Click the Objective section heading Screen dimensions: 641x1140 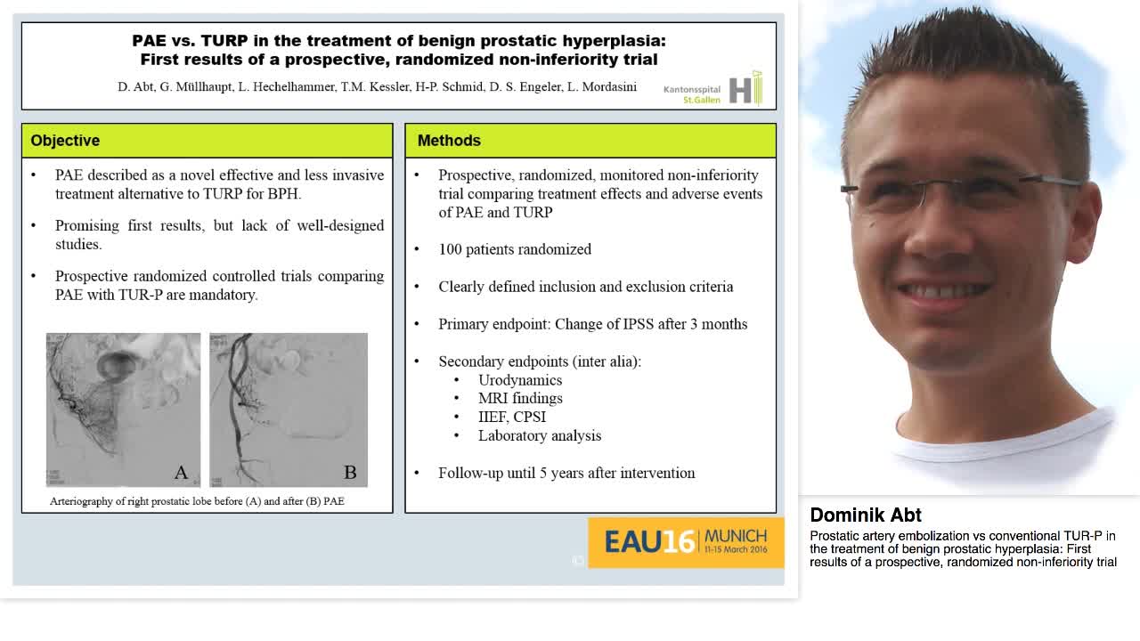(x=65, y=141)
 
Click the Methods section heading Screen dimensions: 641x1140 (x=449, y=141)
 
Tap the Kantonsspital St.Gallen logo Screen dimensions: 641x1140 (x=712, y=90)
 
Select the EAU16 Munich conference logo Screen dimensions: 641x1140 (x=685, y=541)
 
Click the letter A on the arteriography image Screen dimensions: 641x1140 (x=181, y=473)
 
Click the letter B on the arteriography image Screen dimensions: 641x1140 (x=350, y=473)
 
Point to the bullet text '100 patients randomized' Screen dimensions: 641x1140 (x=515, y=249)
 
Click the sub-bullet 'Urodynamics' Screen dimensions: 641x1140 (x=520, y=380)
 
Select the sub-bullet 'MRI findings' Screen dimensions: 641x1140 (x=520, y=398)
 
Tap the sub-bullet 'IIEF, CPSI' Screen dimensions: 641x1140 (x=512, y=417)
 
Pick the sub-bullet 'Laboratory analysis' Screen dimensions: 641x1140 (x=540, y=435)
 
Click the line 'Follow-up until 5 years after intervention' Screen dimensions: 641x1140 (x=566, y=473)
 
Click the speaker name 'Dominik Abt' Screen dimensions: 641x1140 (x=866, y=515)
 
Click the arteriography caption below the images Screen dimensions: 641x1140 (x=197, y=501)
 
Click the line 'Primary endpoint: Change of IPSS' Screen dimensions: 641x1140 (x=592, y=324)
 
